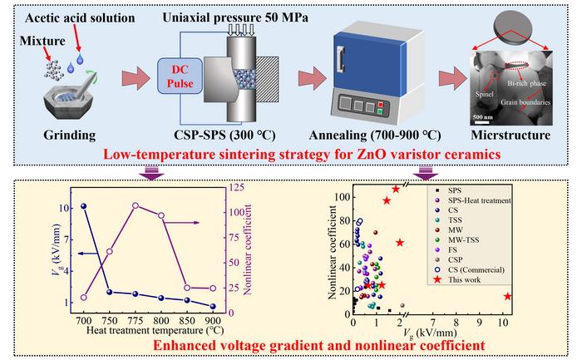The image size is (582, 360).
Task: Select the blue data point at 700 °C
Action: [83, 205]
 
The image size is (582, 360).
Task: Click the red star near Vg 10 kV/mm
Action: [507, 296]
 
